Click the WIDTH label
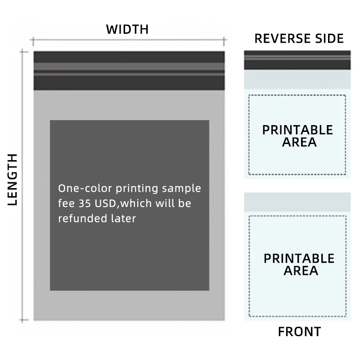(x=127, y=30)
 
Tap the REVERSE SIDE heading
(x=299, y=39)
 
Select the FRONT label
(x=299, y=332)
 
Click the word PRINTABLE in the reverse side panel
(x=297, y=130)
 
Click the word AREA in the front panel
(x=301, y=271)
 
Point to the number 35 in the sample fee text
(x=85, y=203)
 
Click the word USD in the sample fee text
(x=105, y=203)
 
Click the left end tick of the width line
(x=33, y=42)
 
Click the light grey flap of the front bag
(x=297, y=202)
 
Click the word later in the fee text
(x=124, y=219)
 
